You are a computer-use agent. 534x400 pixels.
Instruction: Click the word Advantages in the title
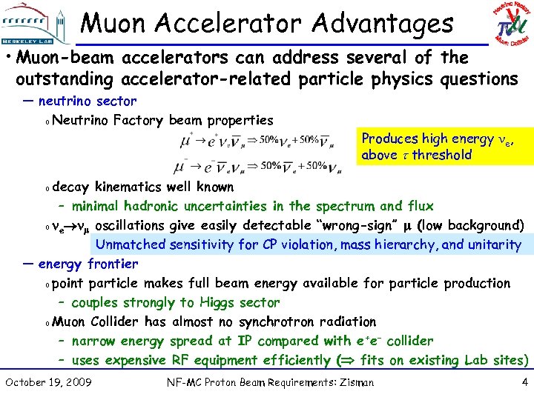pyautogui.click(x=383, y=24)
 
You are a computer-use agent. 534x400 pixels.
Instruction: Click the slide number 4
pyautogui.click(x=524, y=382)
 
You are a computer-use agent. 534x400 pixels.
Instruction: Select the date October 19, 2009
pyautogui.click(x=48, y=382)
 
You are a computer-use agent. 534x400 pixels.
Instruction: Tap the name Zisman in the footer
pyautogui.click(x=355, y=383)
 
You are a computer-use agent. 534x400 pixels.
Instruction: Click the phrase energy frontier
pyautogui.click(x=88, y=264)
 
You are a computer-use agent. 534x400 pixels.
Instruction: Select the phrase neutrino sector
pyautogui.click(x=88, y=101)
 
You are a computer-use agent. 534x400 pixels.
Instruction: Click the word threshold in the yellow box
pyautogui.click(x=442, y=155)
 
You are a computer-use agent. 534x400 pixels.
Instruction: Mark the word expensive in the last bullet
pyautogui.click(x=136, y=360)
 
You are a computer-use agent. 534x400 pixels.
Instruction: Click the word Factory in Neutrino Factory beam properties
pyautogui.click(x=139, y=120)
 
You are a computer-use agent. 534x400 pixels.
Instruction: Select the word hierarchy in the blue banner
pyautogui.click(x=409, y=244)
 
